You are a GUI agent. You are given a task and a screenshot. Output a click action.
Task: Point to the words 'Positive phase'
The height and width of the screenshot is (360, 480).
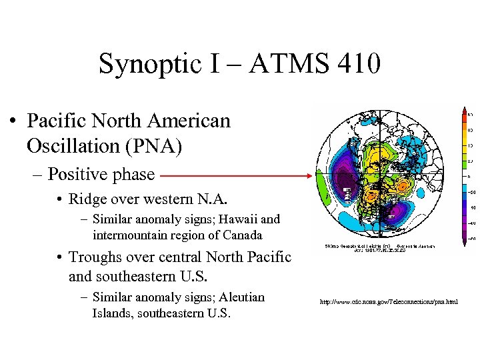click(x=101, y=175)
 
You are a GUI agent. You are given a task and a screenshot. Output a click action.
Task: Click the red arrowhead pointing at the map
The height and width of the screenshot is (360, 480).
click(x=307, y=176)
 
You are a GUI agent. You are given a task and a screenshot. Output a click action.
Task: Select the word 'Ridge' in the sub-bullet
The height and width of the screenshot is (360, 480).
click(x=89, y=199)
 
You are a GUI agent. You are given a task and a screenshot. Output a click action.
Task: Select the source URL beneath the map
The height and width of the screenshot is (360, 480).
click(x=389, y=302)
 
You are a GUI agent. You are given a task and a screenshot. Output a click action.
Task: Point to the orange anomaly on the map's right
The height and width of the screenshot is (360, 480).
click(x=406, y=187)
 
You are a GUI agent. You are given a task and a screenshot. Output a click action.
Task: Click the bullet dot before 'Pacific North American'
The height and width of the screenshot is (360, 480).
click(x=13, y=122)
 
